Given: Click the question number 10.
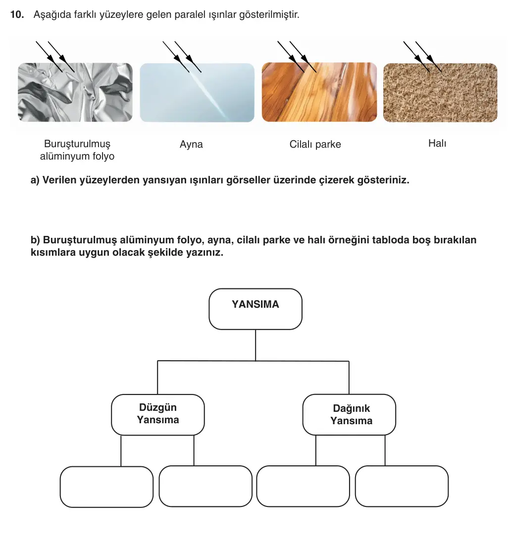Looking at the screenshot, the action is (17, 14).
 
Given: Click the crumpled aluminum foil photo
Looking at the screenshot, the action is (75, 92).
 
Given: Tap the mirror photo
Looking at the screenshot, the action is (197, 93).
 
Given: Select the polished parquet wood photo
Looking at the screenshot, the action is (319, 92).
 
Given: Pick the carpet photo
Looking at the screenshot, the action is (440, 93).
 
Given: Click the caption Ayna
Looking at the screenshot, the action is (191, 145).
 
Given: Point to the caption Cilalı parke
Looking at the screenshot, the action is (315, 144).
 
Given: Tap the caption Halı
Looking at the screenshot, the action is (437, 143).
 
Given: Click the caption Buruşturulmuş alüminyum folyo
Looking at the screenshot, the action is (77, 150).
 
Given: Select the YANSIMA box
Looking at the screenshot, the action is (255, 309).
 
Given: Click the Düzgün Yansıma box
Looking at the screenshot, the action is (158, 415).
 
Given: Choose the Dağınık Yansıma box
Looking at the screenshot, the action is (349, 415).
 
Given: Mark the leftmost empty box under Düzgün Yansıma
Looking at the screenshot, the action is (106, 487).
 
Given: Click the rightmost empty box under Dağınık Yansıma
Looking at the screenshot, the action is (402, 486).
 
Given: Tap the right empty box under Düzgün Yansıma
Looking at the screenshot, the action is (205, 486).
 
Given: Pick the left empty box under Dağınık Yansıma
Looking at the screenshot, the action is (303, 486).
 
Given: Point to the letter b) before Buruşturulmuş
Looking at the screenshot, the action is (35, 240).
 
